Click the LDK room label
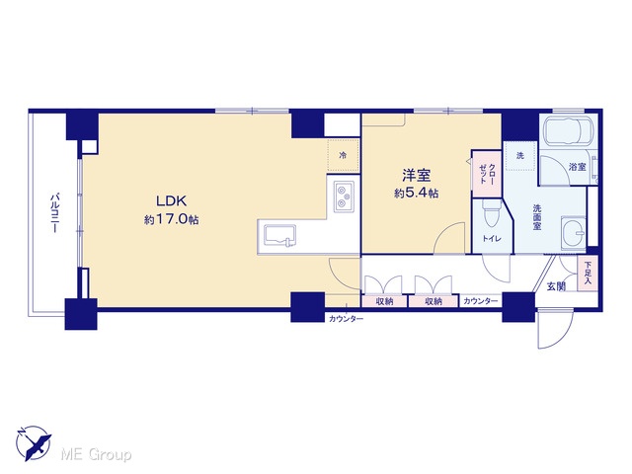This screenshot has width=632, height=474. [171, 200]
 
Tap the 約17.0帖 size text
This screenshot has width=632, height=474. [171, 219]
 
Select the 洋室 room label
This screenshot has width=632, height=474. [417, 176]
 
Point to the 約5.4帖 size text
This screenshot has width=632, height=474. [417, 194]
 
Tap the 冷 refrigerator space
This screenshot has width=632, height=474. [343, 155]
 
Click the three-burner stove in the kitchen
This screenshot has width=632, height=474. [344, 196]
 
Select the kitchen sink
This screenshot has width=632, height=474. [279, 236]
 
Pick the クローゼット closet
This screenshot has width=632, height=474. [487, 174]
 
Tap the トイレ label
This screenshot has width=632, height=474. [492, 239]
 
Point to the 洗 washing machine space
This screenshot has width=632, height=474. [520, 156]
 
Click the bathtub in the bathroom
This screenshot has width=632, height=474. [569, 129]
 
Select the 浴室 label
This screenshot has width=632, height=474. [577, 167]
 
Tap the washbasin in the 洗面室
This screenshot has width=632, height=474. [573, 232]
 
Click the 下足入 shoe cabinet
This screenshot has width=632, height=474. [588, 273]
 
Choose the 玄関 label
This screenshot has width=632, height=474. [556, 286]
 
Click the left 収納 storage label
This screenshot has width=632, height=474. [384, 301]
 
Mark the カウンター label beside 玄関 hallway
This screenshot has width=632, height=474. [481, 301]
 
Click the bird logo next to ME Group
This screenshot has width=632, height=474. [35, 442]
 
